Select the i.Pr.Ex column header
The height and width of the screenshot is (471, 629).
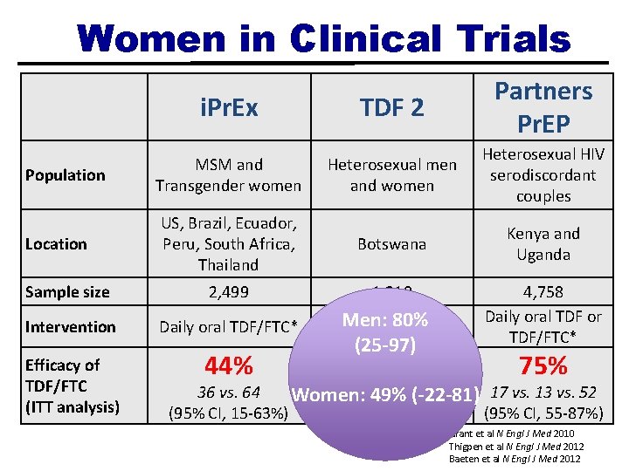tap(228, 108)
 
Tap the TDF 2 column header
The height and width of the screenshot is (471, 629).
tap(392, 108)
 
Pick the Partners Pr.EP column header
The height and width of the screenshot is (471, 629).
tap(543, 106)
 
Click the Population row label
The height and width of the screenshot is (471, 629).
tap(66, 175)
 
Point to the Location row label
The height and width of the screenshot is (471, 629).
tap(56, 244)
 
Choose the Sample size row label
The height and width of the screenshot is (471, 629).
tap(67, 292)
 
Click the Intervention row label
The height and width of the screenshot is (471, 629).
tap(71, 327)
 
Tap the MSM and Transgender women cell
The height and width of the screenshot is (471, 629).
tap(228, 175)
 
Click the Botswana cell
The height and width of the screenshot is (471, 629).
tap(392, 244)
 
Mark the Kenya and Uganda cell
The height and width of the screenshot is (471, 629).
tap(543, 244)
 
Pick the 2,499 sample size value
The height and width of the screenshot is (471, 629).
tap(228, 292)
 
